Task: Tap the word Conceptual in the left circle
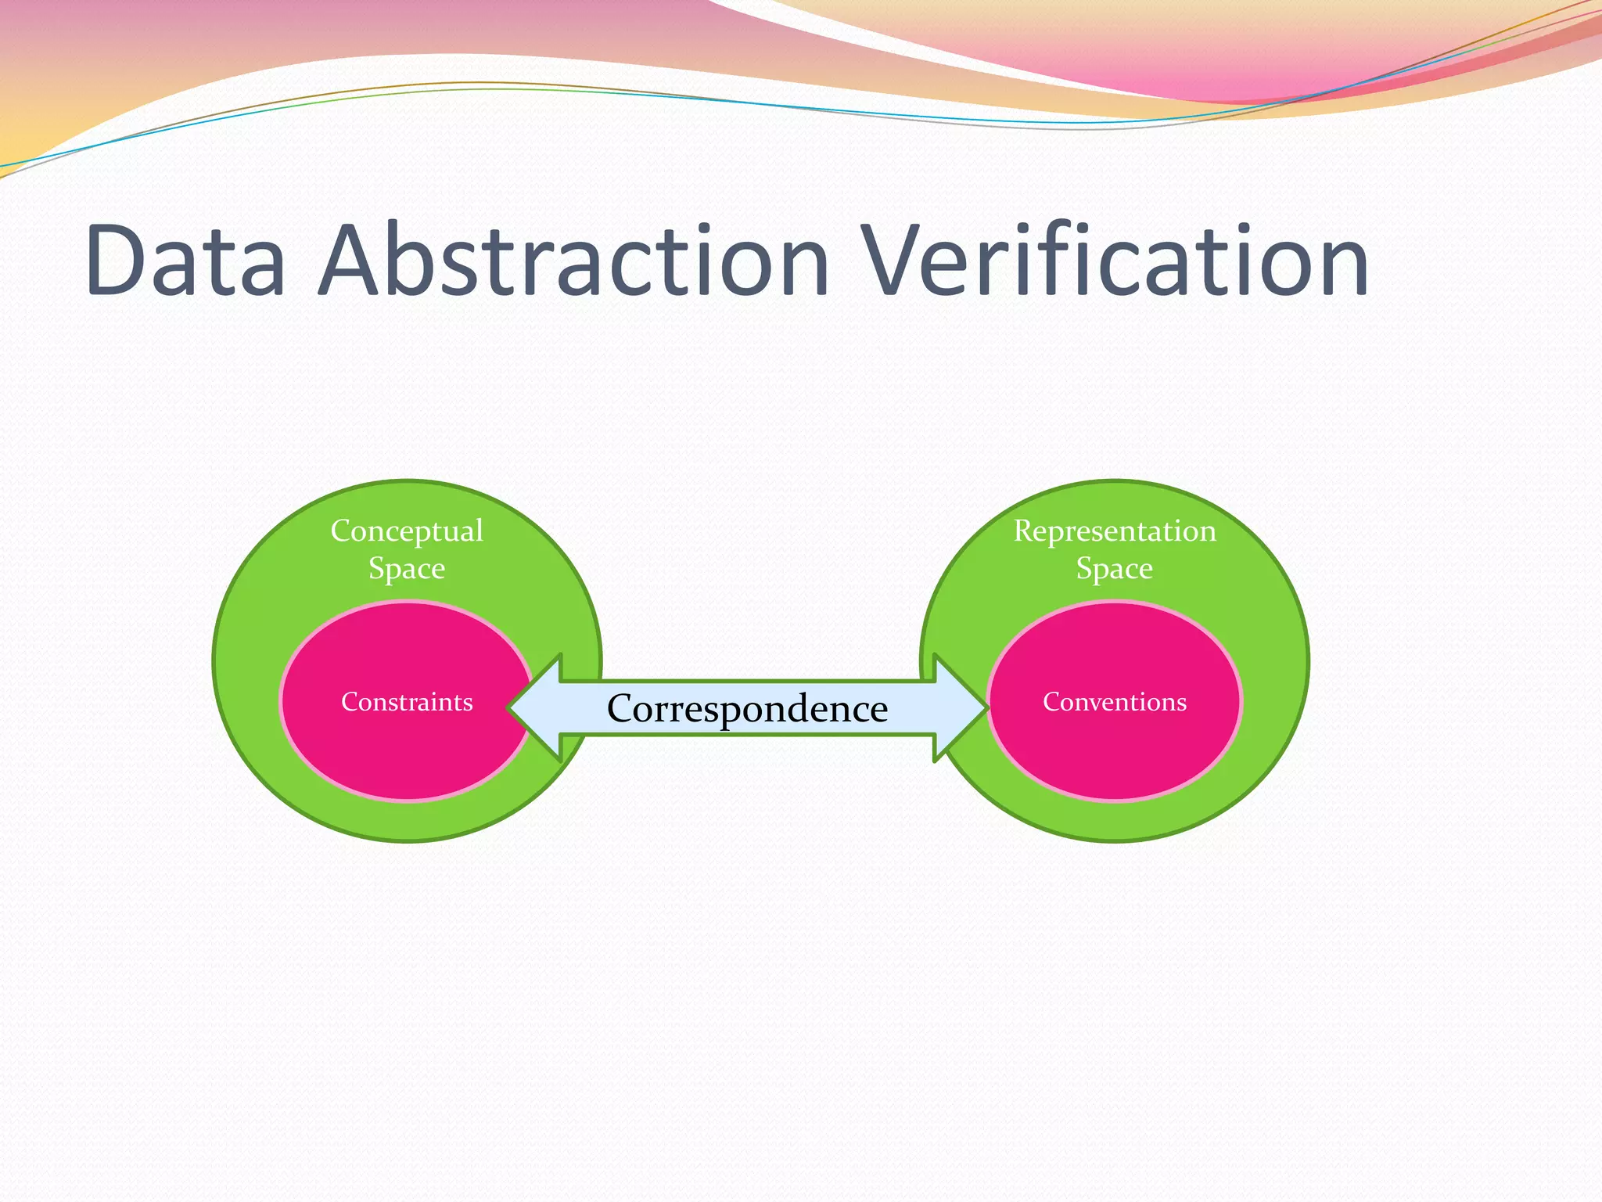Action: (407, 531)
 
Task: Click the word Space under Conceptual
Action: (407, 569)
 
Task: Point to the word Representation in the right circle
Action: (1115, 531)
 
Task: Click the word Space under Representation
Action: (1115, 569)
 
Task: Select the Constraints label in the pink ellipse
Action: (407, 702)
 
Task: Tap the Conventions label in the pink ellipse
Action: (1115, 702)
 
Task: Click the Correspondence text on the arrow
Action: (747, 708)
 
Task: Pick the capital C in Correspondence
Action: (623, 708)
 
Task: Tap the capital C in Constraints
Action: (350, 702)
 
